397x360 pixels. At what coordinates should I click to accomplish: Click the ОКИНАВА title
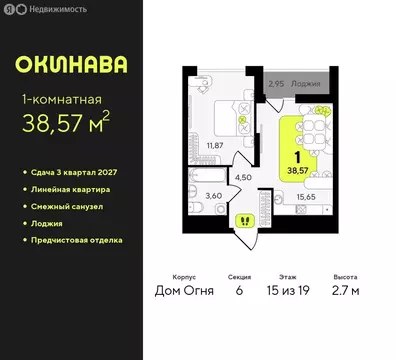coord(71,65)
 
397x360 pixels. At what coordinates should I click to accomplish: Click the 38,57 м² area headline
coord(67,125)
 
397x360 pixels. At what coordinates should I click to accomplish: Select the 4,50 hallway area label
coord(243,178)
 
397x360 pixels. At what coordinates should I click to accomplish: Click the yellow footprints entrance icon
coord(243,220)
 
